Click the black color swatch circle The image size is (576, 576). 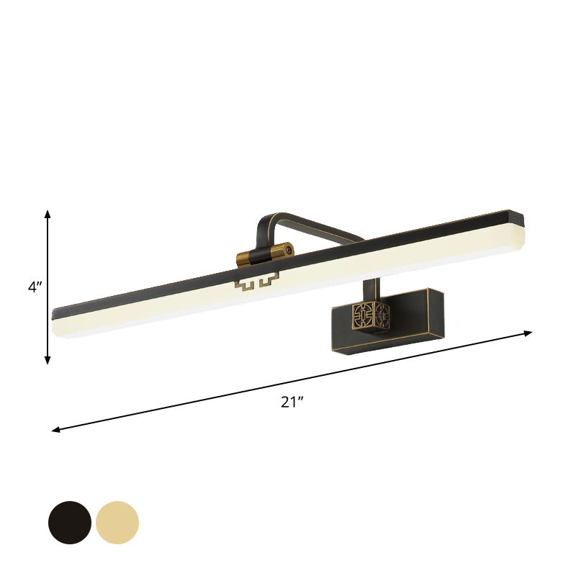pyautogui.click(x=70, y=523)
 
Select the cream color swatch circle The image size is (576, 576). pyautogui.click(x=117, y=523)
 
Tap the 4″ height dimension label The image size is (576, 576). pyautogui.click(x=35, y=287)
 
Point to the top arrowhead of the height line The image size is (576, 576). pyautogui.click(x=48, y=212)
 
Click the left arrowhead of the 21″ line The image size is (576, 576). pyautogui.click(x=55, y=430)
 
